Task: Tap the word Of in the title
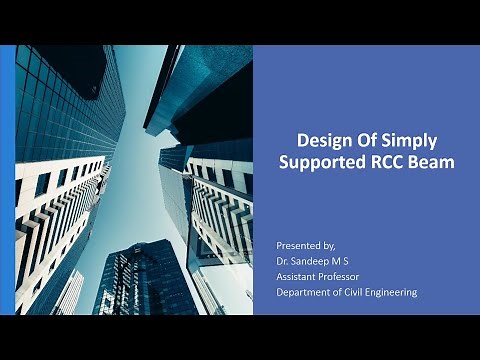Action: coord(365,140)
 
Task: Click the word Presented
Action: coord(297,245)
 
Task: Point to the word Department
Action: coord(304,292)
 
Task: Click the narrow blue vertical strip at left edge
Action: coord(9,180)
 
